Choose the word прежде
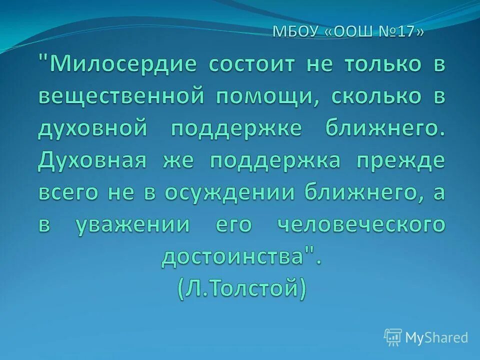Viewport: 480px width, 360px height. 401,161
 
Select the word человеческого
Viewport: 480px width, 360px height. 361,225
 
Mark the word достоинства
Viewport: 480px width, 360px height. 234,257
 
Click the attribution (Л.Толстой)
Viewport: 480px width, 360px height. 240,289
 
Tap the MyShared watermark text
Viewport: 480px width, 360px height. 436,337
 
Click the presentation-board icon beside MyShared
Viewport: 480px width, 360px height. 393,337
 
